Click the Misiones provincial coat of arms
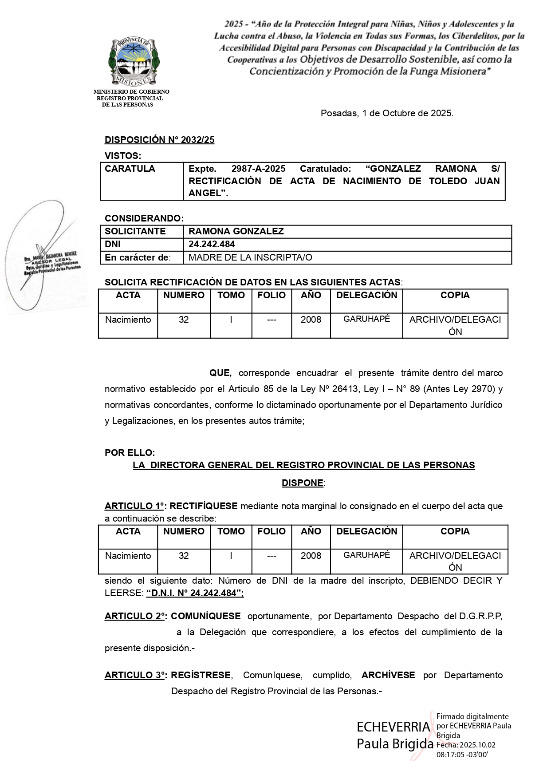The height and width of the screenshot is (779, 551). point(134,61)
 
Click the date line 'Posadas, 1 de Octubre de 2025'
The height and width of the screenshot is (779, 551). point(387,113)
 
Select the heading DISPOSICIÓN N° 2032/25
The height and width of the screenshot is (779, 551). point(159,140)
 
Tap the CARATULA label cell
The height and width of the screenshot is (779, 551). point(130,169)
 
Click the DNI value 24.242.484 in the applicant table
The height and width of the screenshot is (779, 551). point(212,244)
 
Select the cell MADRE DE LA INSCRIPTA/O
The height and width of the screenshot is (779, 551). point(250,257)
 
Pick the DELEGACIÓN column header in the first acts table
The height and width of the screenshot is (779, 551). point(366,295)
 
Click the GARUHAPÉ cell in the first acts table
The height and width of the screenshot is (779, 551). point(366,319)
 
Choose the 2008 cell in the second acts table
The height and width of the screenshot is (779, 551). point(311,555)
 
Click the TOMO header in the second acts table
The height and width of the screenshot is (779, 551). point(231,531)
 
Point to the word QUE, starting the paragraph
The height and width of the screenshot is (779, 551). point(220,373)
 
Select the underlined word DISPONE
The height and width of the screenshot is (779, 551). point(302,483)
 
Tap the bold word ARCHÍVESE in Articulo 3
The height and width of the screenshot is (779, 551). point(388,675)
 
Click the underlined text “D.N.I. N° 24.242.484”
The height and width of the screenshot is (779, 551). point(195,593)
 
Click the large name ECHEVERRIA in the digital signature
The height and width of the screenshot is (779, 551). point(393,727)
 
